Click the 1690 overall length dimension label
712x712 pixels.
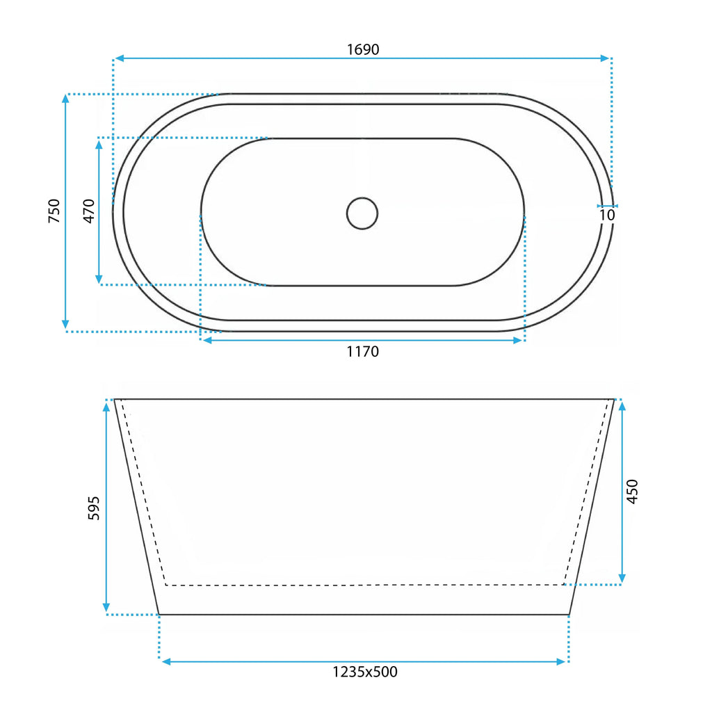pyautogui.click(x=363, y=49)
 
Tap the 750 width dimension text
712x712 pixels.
pyautogui.click(x=54, y=211)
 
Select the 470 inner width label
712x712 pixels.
pyautogui.click(x=89, y=211)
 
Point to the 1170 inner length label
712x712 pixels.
pyautogui.click(x=363, y=351)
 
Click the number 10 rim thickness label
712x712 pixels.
pyautogui.click(x=607, y=215)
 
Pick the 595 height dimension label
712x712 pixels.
pyautogui.click(x=93, y=508)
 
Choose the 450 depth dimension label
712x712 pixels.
pyautogui.click(x=632, y=492)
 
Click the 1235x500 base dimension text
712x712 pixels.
pyautogui.click(x=365, y=672)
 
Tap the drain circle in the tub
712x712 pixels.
pyautogui.click(x=362, y=213)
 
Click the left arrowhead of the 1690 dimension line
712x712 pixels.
pyautogui.click(x=120, y=58)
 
